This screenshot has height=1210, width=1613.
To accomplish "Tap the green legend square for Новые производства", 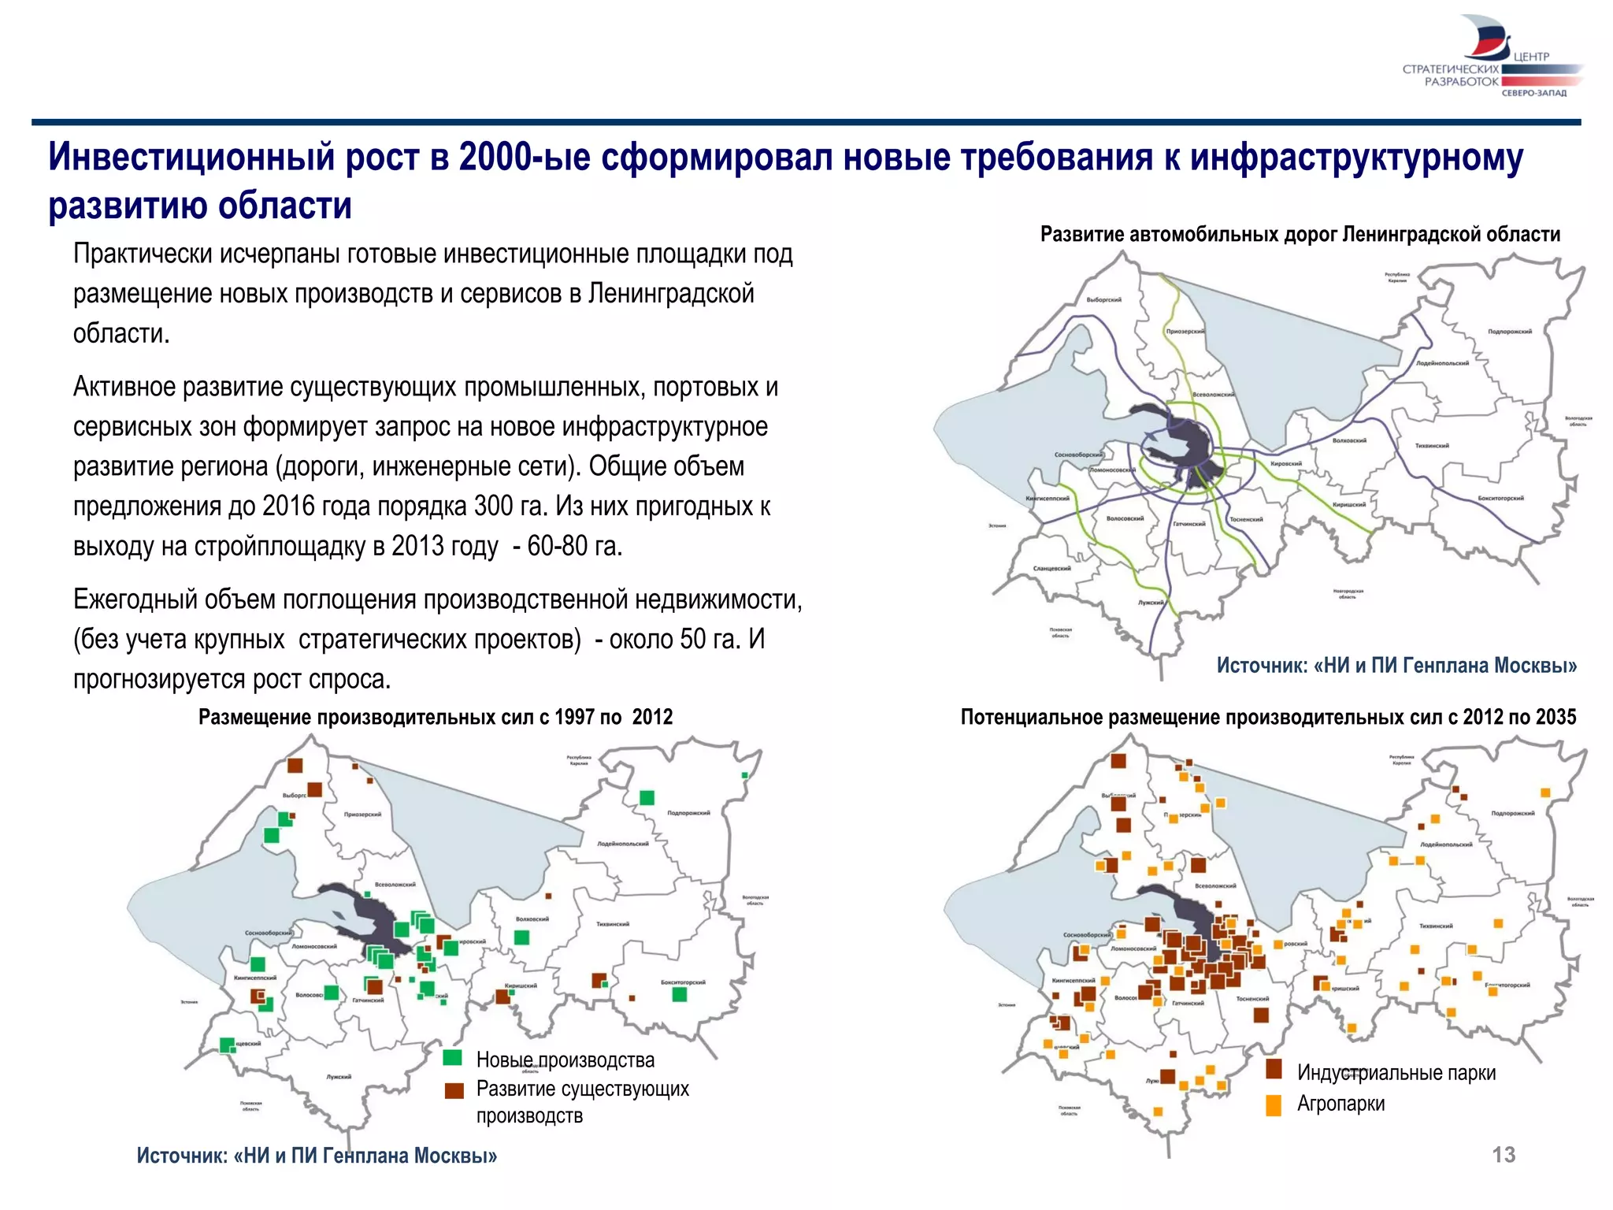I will tap(452, 1057).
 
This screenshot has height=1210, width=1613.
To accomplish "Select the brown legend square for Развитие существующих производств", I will tap(454, 1090).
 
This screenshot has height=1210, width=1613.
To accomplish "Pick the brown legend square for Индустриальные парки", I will tap(1274, 1069).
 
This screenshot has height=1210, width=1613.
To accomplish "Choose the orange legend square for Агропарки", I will tap(1274, 1104).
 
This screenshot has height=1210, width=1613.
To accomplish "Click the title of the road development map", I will tap(1300, 234).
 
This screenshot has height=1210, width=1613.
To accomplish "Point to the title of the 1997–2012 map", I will tap(435, 717).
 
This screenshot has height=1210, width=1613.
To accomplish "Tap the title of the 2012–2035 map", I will tap(1268, 717).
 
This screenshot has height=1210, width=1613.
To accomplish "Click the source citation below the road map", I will tap(1396, 666).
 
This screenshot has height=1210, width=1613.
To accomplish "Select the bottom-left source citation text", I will tap(317, 1156).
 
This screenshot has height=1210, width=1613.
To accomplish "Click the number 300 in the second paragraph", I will tap(493, 506).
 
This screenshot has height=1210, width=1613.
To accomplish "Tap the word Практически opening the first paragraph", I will tap(143, 254).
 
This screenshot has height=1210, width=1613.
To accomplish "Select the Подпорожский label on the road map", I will tap(1509, 332).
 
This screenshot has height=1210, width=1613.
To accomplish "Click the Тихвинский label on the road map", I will tap(1431, 446).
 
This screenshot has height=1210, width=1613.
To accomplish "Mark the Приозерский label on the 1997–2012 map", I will tap(362, 815).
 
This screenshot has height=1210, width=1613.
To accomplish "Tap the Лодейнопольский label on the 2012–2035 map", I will tap(1446, 844).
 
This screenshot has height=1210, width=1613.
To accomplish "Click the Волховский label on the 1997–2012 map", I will tap(532, 919).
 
